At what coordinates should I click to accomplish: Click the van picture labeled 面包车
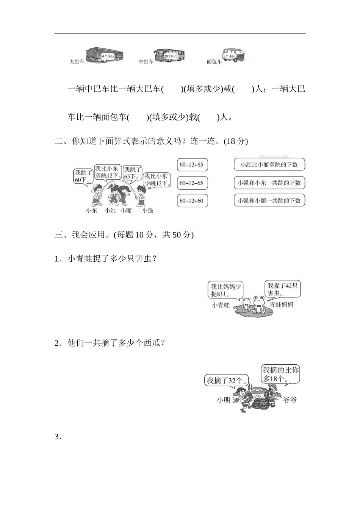pos(235,56)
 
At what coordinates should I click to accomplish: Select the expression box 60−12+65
pos(192,165)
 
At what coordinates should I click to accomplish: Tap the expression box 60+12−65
pos(192,183)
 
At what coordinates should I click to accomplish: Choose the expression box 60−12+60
pos(192,201)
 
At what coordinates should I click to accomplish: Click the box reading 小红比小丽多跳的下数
pos(269,164)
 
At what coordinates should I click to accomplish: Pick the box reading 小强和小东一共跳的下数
pos(269,183)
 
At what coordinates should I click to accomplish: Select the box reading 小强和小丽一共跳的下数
pos(269,200)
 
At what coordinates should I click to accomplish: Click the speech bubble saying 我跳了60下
pos(83,176)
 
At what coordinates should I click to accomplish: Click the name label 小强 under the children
pos(147,211)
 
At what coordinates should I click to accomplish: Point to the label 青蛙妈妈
pos(281,304)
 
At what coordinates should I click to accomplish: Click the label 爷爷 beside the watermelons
pos(290,400)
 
